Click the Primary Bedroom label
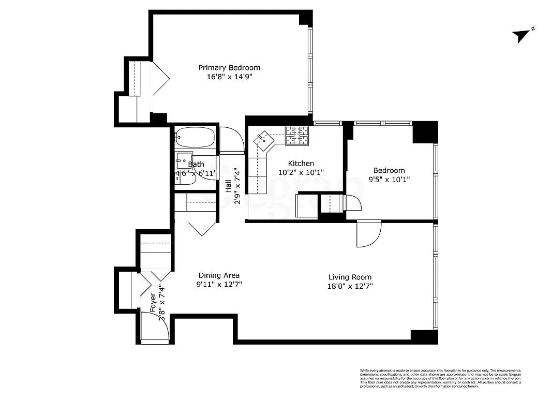click(x=229, y=68)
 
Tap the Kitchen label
click(x=301, y=164)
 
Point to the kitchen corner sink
click(x=263, y=138)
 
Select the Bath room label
click(x=196, y=164)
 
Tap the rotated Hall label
click(x=228, y=186)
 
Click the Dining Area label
click(x=218, y=276)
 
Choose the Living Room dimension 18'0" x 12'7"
click(x=350, y=286)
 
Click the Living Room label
click(x=350, y=277)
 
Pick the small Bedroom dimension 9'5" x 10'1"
click(x=389, y=180)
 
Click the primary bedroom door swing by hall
click(x=231, y=140)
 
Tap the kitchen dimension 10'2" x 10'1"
click(x=301, y=173)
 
